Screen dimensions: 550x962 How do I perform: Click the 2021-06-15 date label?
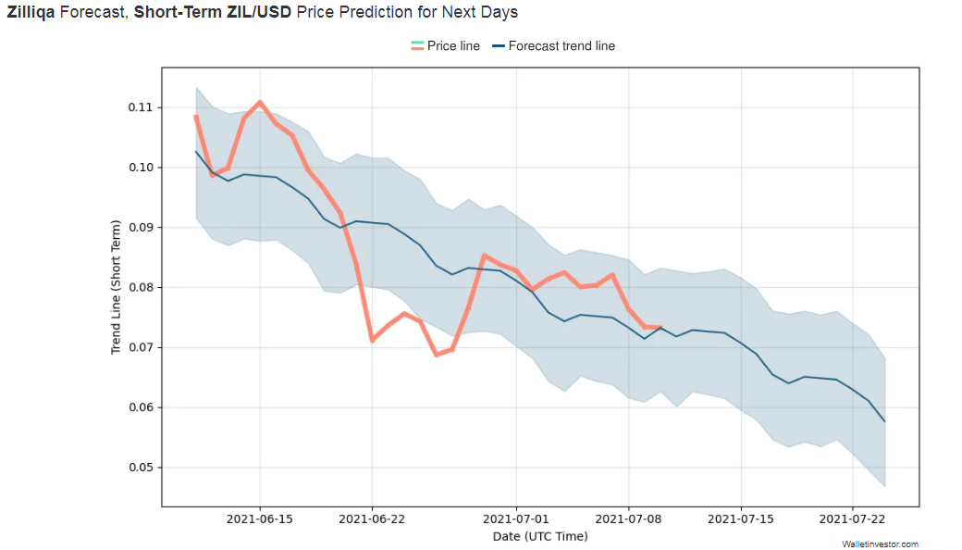[x=260, y=519]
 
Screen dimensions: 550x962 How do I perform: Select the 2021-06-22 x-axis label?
[x=372, y=519]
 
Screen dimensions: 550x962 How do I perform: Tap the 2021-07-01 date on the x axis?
[x=516, y=519]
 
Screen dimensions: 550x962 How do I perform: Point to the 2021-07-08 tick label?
[x=629, y=519]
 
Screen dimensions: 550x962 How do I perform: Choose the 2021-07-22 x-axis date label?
[x=854, y=519]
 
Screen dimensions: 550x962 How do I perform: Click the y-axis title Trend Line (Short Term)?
[x=117, y=287]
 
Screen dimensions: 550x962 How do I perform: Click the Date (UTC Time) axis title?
[x=540, y=536]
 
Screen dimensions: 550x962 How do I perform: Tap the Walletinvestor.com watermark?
[x=880, y=544]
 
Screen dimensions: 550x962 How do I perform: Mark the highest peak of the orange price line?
[x=260, y=102]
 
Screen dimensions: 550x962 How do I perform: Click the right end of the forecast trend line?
[x=885, y=421]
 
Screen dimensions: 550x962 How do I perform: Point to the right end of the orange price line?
[x=660, y=327]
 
